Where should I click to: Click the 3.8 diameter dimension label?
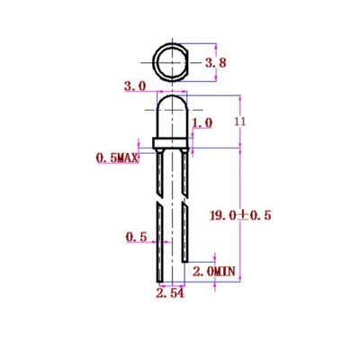coord(215,63)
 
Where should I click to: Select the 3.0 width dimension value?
coord(135,86)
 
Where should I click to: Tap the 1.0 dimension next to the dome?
coord(202,121)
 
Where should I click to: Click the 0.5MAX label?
coord(117,158)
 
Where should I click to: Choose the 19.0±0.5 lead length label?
coord(238,215)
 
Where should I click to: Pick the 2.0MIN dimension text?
coord(213,270)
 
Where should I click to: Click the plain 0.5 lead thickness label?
coord(136,238)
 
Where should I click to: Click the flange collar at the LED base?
coord(170,144)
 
